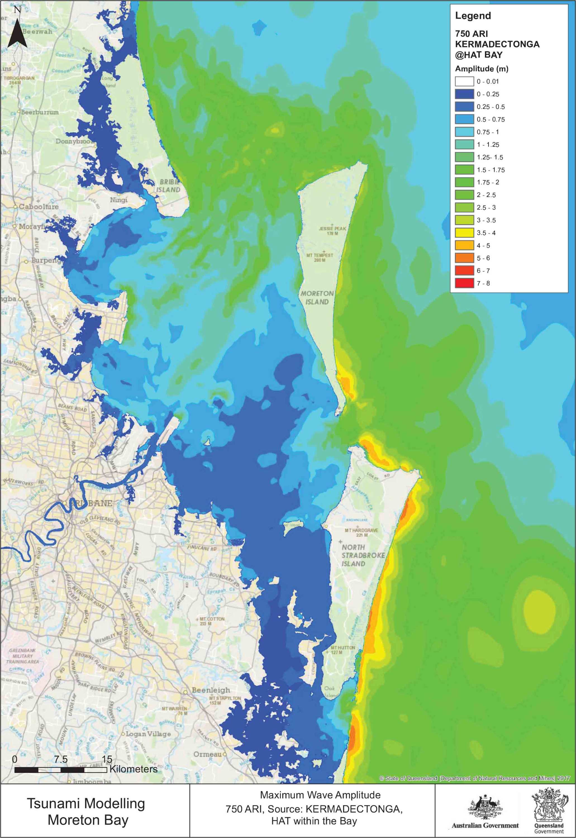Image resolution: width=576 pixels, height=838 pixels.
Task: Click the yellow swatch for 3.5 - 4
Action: click(x=465, y=233)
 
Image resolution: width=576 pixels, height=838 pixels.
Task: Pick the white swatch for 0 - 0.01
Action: click(x=465, y=82)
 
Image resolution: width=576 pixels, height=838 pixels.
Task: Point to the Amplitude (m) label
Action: click(x=482, y=68)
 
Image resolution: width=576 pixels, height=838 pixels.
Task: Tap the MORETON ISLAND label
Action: click(x=317, y=298)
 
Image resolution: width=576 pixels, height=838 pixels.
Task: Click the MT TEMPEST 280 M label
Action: click(x=320, y=257)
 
